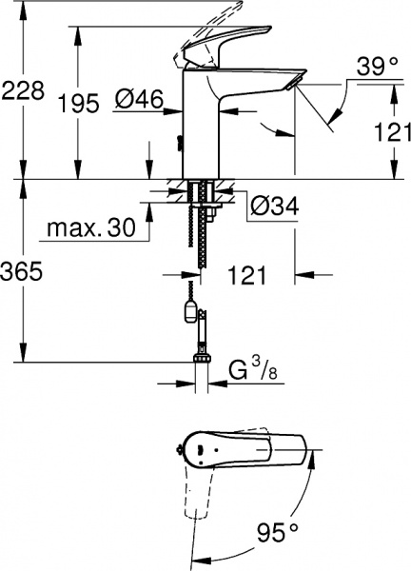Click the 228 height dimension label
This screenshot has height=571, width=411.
coord(23,91)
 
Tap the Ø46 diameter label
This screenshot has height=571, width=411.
coord(139,98)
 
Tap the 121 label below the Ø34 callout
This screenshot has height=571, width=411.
coord(246,276)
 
